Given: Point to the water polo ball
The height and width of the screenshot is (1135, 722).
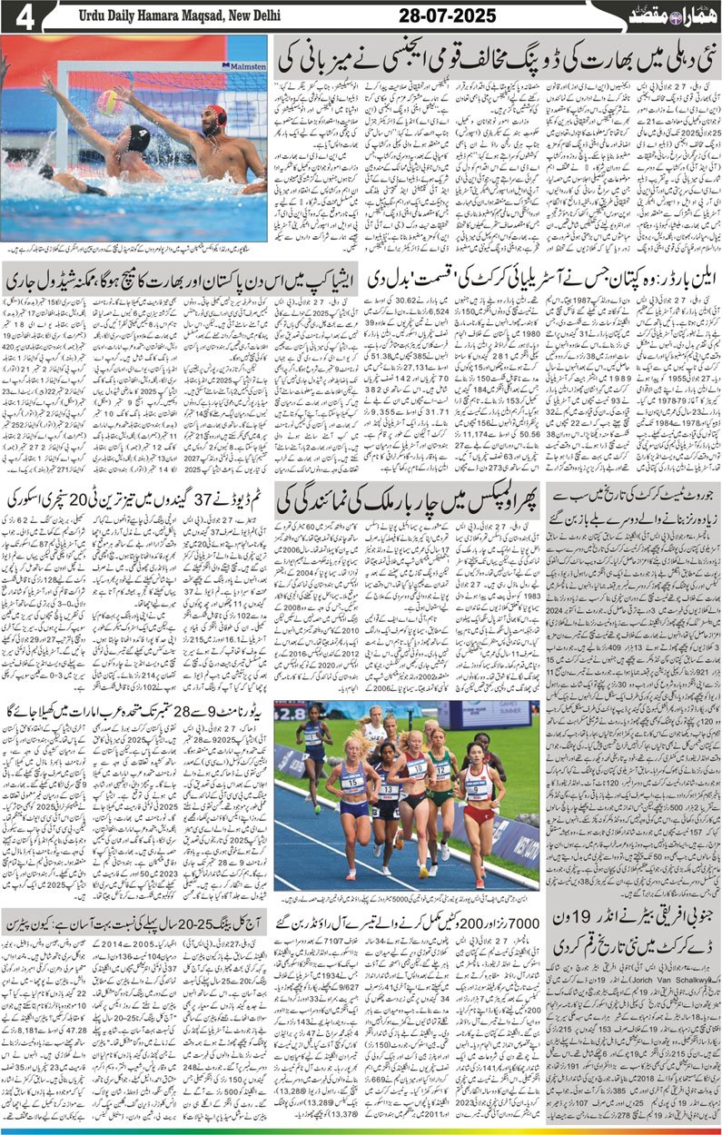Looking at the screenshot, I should (110, 101).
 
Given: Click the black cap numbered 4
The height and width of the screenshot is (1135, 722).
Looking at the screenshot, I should (138, 138).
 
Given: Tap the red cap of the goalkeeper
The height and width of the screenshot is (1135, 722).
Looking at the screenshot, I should (214, 115).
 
